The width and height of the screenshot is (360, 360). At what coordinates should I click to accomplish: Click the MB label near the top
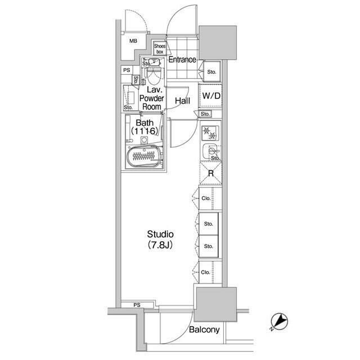pyautogui.click(x=133, y=41)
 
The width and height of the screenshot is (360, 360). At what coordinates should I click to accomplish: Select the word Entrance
pyautogui.click(x=182, y=60)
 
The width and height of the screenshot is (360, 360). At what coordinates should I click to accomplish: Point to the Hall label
pyautogui.click(x=182, y=101)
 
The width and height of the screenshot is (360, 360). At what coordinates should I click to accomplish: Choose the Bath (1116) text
pyautogui.click(x=143, y=127)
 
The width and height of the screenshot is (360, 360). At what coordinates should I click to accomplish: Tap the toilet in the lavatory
pyautogui.click(x=154, y=74)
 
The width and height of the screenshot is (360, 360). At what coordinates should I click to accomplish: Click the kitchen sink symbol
pyautogui.click(x=211, y=151)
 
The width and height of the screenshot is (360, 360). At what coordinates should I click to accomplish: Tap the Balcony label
pyautogui.click(x=204, y=330)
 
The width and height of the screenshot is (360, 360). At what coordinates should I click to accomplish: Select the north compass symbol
pyautogui.click(x=281, y=322)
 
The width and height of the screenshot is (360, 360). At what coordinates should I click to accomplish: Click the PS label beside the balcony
pyautogui.click(x=137, y=305)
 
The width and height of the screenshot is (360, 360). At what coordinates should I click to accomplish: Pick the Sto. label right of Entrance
pyautogui.click(x=211, y=72)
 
